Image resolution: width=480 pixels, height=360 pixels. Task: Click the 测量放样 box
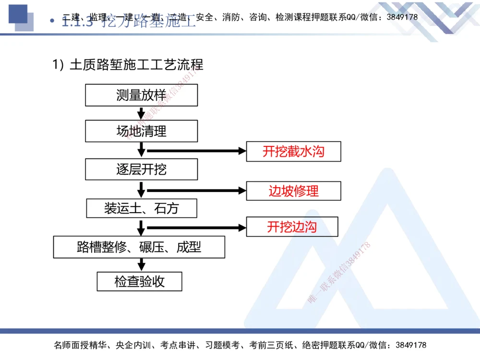coord(141,95)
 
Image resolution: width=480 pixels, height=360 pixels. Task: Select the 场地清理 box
coord(141,131)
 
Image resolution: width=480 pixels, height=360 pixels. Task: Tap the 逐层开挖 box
coord(141,169)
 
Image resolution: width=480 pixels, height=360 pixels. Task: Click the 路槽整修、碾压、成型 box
coord(139,247)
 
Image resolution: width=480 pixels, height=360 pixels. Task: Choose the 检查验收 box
coord(139,281)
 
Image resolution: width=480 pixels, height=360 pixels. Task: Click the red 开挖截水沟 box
coord(293,152)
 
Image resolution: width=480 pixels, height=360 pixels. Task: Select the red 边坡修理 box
coord(293,191)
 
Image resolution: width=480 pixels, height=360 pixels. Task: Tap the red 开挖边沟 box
coord(292,227)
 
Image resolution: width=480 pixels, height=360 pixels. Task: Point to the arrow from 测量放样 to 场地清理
coord(141,113)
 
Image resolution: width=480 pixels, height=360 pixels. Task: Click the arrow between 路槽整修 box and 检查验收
coord(141,264)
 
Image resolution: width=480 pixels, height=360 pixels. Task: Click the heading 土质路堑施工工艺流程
coord(136,64)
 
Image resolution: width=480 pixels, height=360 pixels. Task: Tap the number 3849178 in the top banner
coord(402,17)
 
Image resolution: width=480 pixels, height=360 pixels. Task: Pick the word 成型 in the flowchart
coord(189,247)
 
